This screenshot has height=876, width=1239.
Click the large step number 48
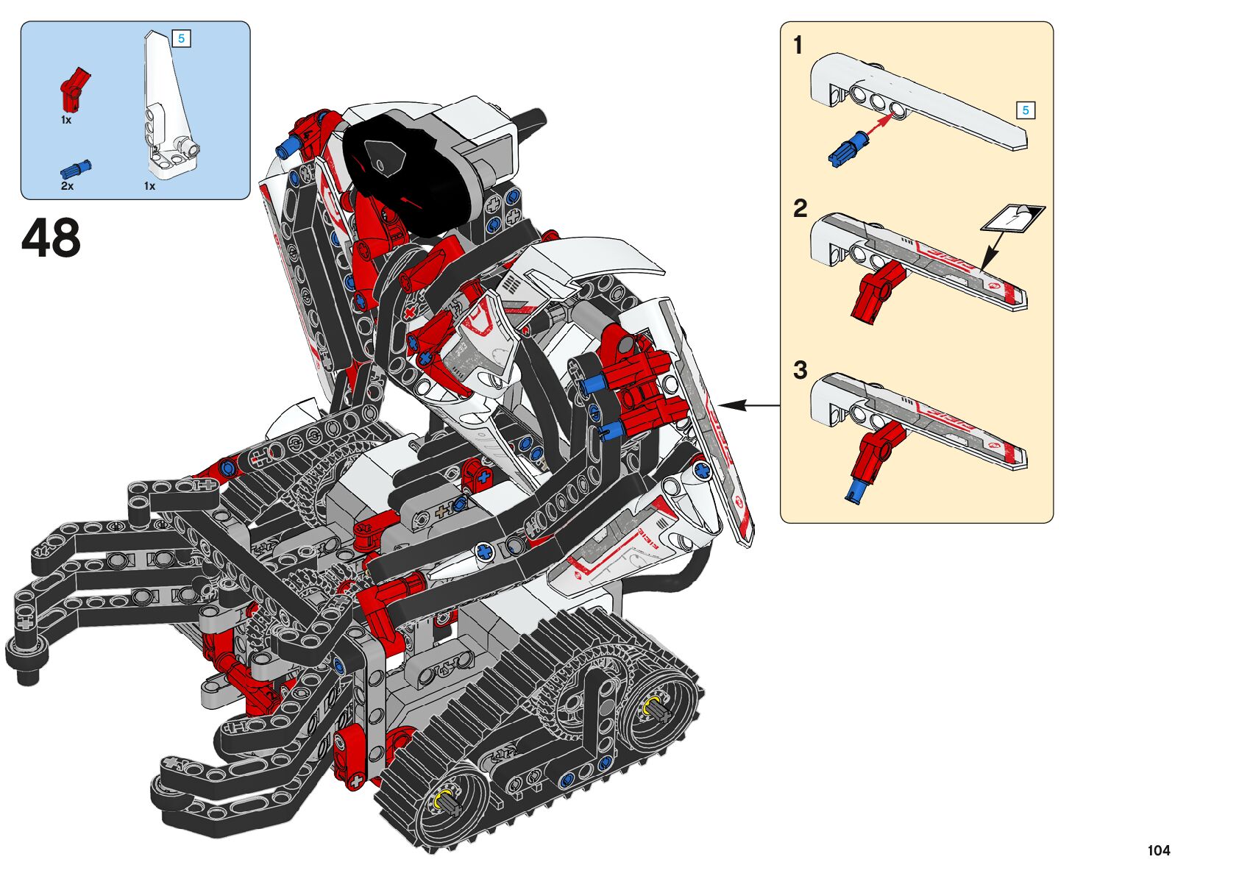pyautogui.click(x=51, y=239)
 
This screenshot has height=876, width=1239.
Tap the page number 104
pyautogui.click(x=1158, y=851)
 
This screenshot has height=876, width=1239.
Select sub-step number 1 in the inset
pyautogui.click(x=798, y=46)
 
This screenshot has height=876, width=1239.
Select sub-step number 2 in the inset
pyautogui.click(x=800, y=209)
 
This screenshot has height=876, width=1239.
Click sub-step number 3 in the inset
pyautogui.click(x=800, y=370)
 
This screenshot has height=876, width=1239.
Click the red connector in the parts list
pyautogui.click(x=74, y=90)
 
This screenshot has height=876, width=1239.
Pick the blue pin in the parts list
pyautogui.click(x=76, y=168)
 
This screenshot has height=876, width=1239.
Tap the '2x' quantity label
pyautogui.click(x=67, y=186)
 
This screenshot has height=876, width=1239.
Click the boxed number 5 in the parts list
pyautogui.click(x=181, y=38)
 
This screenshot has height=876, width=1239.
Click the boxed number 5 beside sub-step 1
pyautogui.click(x=1025, y=110)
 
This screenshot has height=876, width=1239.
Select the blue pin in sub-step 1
pyautogui.click(x=845, y=148)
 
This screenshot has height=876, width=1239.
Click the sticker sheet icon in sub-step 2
pyautogui.click(x=1013, y=218)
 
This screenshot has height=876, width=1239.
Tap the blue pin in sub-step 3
pyautogui.click(x=856, y=491)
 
